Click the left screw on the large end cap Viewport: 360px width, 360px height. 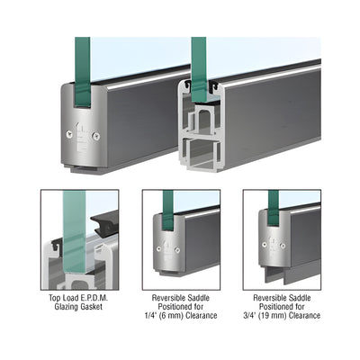pos(69,135)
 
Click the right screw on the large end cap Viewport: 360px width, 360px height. pos(96,136)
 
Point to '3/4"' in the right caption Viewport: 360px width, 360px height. pos(250,316)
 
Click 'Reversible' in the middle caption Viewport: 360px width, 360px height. pos(167,298)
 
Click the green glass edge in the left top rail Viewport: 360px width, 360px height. pos(83,72)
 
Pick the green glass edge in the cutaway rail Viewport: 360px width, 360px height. pos(199,68)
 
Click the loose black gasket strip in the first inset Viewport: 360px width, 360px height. pos(105,224)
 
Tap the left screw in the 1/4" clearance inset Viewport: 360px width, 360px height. pos(158,248)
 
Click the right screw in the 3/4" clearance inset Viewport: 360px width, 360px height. pos(283,246)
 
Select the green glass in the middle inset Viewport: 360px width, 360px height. pos(168,210)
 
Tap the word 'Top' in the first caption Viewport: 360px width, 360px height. pos(55,299)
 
